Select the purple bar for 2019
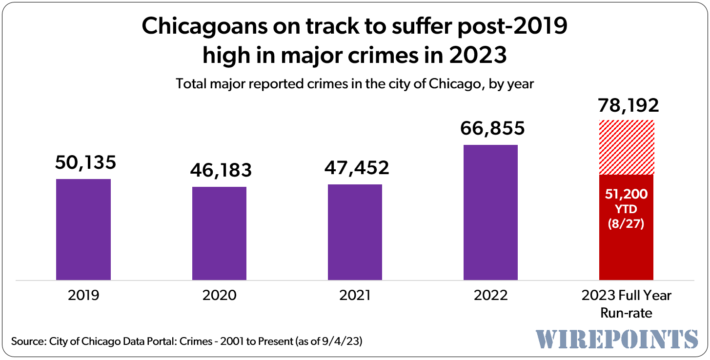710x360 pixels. [x=83, y=229]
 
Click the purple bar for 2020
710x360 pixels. [x=219, y=233]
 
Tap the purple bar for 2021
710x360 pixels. [x=355, y=232]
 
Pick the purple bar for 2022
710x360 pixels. [x=491, y=212]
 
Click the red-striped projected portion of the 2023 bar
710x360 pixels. [x=627, y=147]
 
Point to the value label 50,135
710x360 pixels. [x=85, y=162]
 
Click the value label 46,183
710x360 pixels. [x=221, y=170]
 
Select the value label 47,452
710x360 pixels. [x=357, y=168]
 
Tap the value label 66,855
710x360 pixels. [x=492, y=128]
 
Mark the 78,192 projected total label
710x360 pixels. [x=629, y=105]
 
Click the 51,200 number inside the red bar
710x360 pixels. [x=627, y=194]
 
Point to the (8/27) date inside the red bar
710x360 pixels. [x=626, y=224]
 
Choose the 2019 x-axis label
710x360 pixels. [x=83, y=295]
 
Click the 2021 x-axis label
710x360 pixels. [x=355, y=295]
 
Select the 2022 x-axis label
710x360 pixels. [x=491, y=295]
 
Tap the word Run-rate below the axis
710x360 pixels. [x=627, y=313]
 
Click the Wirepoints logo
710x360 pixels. [x=617, y=339]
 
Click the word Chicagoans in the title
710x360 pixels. [x=205, y=26]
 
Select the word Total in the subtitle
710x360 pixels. [x=191, y=84]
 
